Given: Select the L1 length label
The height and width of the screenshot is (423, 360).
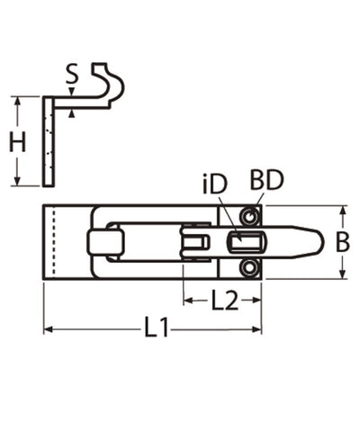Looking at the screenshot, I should click(157, 330).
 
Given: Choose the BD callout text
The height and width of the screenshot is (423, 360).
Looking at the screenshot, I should click(266, 180).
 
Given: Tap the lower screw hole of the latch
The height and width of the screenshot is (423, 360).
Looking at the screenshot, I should click(249, 267).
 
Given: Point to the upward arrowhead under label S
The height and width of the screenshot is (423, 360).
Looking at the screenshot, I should click(71, 112).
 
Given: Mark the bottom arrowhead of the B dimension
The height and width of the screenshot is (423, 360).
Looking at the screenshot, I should click(342, 274).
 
